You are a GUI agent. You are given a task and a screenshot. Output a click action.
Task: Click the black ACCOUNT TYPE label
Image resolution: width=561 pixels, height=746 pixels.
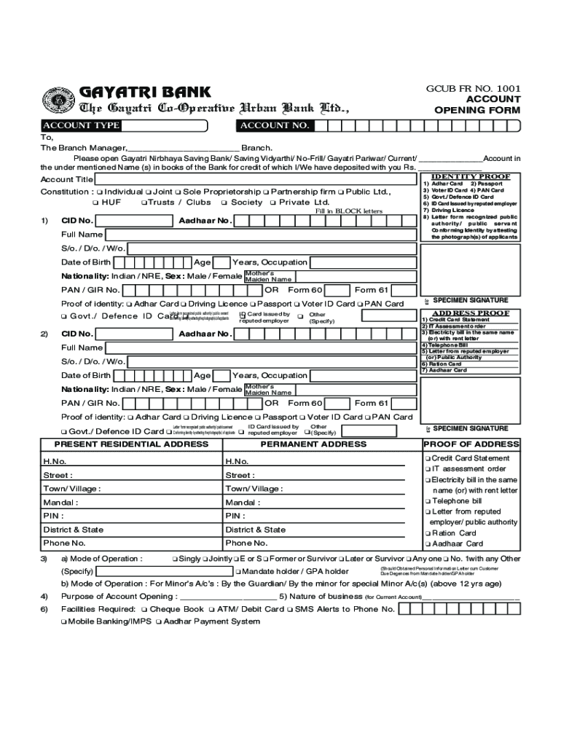pos(80,125)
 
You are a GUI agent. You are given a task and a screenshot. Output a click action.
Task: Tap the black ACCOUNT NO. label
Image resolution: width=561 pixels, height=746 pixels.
pos(275,125)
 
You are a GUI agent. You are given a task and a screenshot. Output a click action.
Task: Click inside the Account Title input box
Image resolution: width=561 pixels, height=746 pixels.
pos(255,179)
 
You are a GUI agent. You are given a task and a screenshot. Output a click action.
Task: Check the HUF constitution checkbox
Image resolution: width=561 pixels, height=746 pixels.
pos(95,203)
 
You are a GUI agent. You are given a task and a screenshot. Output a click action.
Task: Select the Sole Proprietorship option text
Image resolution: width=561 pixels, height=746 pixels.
pos(221,192)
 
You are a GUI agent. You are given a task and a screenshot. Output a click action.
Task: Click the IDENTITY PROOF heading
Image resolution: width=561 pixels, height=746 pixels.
pos(471,176)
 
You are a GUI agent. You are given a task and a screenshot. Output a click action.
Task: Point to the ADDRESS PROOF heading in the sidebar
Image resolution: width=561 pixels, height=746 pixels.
pos(471,313)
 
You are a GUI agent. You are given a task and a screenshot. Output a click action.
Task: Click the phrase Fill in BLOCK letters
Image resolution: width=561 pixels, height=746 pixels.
pos(348,211)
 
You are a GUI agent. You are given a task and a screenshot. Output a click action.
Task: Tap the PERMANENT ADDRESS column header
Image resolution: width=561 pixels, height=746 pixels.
pos(313,444)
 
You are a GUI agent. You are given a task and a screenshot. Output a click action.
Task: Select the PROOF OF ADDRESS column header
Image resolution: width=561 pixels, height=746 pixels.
pos(471,444)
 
